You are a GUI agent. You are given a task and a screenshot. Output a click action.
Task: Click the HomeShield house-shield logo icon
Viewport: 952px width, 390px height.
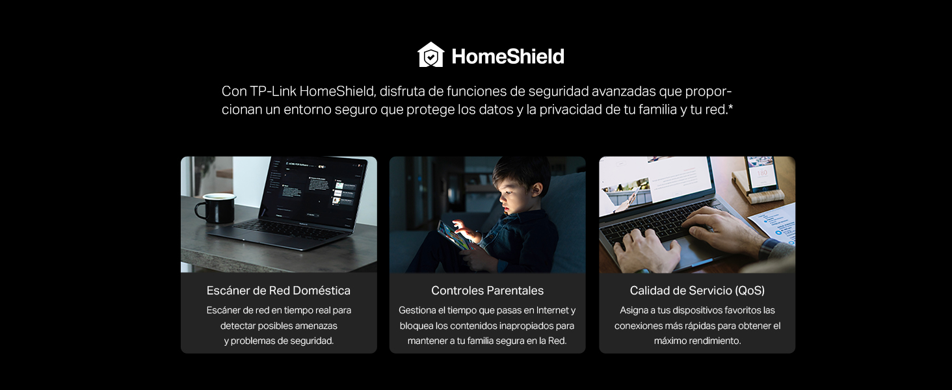[430, 55]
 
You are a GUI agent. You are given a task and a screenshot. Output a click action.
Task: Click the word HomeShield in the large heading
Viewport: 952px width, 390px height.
[508, 56]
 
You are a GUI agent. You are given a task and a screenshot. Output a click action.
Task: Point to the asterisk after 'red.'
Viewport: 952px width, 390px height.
[730, 107]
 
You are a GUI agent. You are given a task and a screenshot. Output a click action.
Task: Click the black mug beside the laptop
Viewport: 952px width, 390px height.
[215, 208]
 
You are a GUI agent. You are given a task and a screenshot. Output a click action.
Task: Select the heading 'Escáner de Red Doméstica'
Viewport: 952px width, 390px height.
[278, 291]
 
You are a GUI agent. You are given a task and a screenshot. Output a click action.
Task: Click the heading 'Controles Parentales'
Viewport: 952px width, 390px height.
[487, 291]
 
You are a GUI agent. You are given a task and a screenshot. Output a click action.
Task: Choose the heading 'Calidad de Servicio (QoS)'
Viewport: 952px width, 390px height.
[697, 291]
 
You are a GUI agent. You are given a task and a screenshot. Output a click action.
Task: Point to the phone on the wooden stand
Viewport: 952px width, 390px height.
[761, 174]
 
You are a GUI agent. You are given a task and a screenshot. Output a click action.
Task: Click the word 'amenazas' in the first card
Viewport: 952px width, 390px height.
[316, 326]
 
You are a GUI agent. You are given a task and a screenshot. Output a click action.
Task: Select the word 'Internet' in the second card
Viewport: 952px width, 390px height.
[552, 310]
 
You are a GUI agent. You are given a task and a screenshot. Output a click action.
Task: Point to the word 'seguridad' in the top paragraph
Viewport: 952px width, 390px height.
[559, 92]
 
